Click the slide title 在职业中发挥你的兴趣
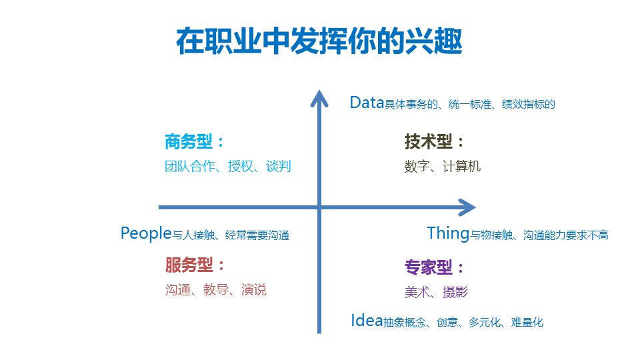319,41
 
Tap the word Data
367,103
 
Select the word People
146,233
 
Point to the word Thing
448,234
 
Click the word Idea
367,321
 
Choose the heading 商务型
189,141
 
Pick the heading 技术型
429,141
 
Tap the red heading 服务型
189,265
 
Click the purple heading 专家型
429,267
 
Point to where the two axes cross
319,207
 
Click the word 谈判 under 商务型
279,166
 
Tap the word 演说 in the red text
253,289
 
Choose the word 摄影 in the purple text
455,292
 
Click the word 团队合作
190,166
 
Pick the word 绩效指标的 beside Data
529,104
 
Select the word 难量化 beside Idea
527,323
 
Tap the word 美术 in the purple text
417,292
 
